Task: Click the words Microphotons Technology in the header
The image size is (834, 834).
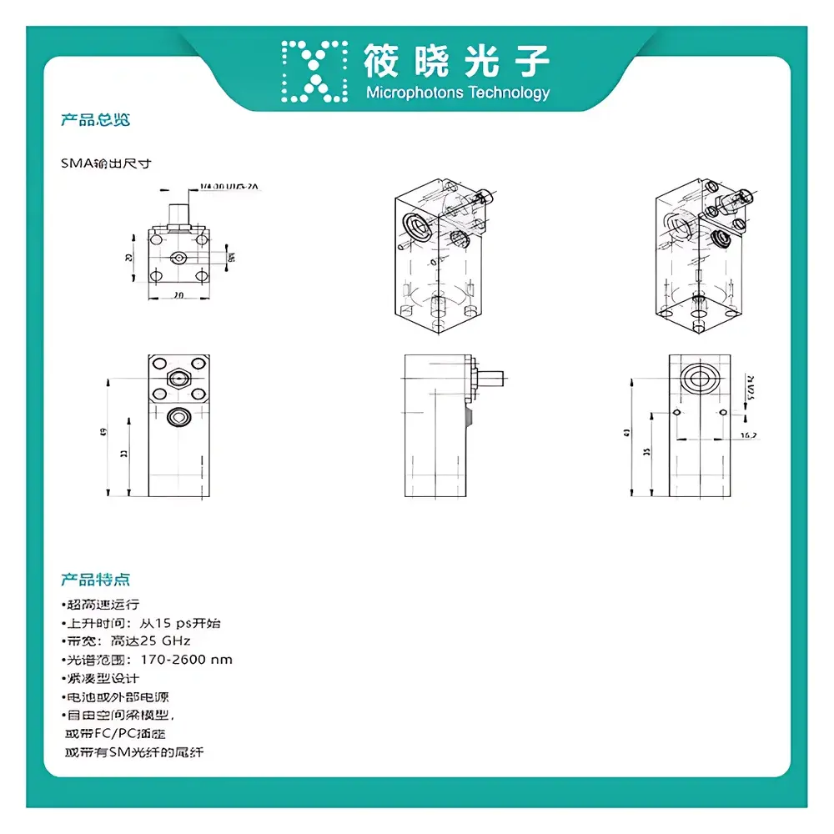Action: click(458, 93)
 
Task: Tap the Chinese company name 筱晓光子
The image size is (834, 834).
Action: click(457, 60)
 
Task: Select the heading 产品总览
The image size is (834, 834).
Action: click(95, 120)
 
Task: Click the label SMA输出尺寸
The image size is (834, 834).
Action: click(106, 164)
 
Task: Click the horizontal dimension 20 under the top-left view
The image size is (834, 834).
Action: click(177, 295)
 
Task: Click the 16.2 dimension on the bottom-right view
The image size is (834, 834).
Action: click(747, 435)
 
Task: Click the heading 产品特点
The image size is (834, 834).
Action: click(95, 580)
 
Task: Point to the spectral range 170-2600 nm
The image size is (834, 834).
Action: click(187, 660)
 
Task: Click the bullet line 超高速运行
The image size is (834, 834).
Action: click(102, 605)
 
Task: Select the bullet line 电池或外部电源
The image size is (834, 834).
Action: click(119, 697)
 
